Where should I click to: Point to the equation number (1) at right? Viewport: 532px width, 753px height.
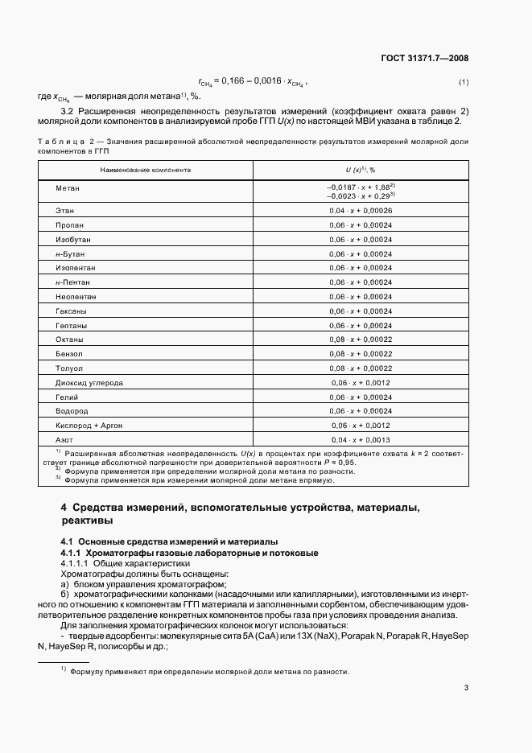pyautogui.click(x=463, y=83)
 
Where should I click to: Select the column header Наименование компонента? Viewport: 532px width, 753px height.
pyautogui.click(x=146, y=171)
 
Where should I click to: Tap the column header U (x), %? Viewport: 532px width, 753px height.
pyautogui.click(x=360, y=171)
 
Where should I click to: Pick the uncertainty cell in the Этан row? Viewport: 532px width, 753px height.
pyautogui.click(x=360, y=210)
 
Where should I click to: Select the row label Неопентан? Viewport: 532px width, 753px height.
pyautogui.click(x=76, y=297)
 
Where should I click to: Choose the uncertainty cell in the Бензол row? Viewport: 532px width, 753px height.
pyautogui.click(x=360, y=354)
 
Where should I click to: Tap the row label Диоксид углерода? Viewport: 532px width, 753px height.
pyautogui.click(x=89, y=383)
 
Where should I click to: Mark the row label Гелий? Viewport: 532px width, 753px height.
pyautogui.click(x=68, y=397)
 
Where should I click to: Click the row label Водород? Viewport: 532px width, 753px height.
pyautogui.click(x=72, y=411)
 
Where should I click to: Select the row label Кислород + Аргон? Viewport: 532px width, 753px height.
pyautogui.click(x=89, y=426)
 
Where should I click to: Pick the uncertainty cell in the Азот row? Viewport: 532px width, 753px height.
pyautogui.click(x=360, y=440)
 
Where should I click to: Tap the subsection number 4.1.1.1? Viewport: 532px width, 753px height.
pyautogui.click(x=77, y=564)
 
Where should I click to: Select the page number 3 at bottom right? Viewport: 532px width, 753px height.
pyautogui.click(x=466, y=687)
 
